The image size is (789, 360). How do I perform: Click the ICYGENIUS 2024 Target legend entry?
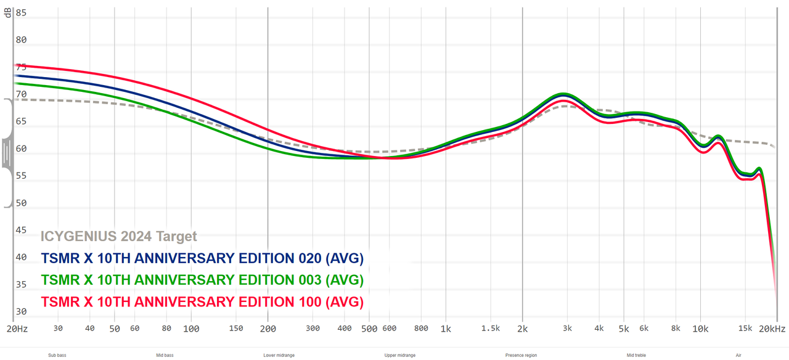(118, 236)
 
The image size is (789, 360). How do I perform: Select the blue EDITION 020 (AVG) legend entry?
(202, 258)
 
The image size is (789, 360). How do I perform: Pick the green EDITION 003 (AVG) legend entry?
(202, 280)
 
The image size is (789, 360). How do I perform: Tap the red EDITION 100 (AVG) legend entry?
(202, 302)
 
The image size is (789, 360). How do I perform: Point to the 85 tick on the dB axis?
(21, 12)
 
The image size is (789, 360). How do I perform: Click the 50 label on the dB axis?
(21, 203)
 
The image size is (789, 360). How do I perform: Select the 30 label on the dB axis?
(21, 311)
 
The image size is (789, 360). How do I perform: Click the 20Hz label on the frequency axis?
(17, 329)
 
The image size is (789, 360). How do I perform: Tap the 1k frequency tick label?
(446, 329)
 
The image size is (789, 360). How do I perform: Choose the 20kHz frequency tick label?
(772, 329)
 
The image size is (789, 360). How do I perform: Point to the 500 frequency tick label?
(369, 329)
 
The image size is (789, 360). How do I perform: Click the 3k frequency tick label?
(568, 329)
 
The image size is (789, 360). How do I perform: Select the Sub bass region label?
(57, 355)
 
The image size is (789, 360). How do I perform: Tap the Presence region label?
(521, 355)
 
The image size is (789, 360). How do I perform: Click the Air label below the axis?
(738, 355)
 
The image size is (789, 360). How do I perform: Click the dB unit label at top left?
(8, 12)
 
